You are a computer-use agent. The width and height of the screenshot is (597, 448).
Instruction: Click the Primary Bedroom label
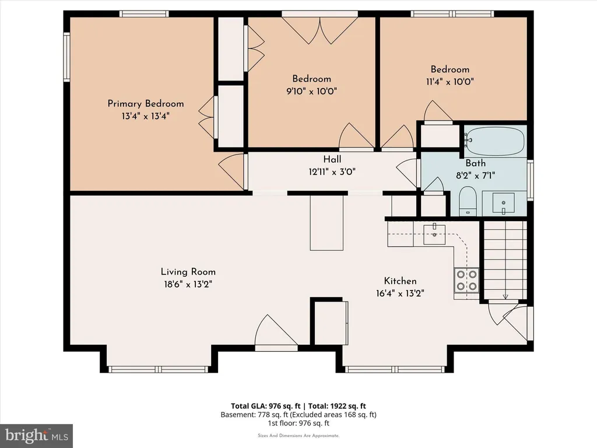click(145, 104)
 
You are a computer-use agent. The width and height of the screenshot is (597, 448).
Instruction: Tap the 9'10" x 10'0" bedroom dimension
click(311, 92)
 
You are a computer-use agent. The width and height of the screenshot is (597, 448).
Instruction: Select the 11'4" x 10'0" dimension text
click(449, 82)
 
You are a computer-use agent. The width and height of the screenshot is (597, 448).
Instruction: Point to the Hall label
click(332, 159)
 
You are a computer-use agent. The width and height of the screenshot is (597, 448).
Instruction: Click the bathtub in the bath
click(494, 141)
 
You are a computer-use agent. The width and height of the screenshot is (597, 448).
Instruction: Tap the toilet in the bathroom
click(468, 201)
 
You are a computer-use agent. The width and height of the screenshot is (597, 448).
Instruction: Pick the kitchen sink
click(434, 234)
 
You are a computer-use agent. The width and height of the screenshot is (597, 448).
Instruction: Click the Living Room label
click(188, 272)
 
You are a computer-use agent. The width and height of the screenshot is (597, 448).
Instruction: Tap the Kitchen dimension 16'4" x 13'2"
click(400, 293)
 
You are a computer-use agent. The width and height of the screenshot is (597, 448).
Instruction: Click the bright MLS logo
click(36, 436)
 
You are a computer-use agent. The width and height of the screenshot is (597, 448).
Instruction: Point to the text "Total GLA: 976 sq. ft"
click(266, 406)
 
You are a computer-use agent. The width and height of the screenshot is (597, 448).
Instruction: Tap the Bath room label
click(476, 163)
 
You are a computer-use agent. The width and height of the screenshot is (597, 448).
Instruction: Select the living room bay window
click(159, 369)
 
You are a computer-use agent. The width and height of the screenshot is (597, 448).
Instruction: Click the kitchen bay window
click(395, 369)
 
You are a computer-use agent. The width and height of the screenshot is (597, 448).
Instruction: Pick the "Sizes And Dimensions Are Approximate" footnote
click(298, 435)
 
